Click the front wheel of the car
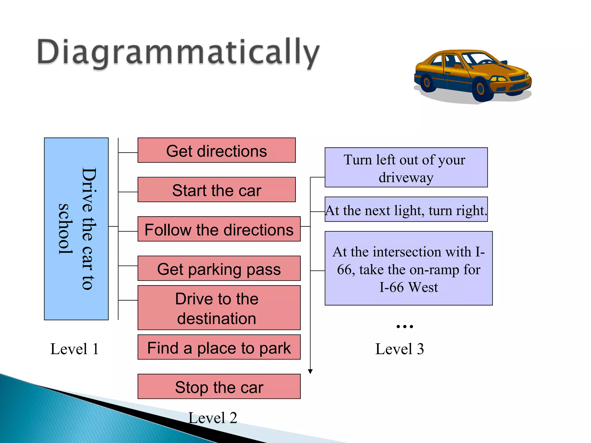pos(480,89)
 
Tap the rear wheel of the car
pos(427,82)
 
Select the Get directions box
pos(216,150)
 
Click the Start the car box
pos(216,190)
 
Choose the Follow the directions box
pos(219,229)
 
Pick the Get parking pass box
pos(219,268)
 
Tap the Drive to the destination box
pos(219,308)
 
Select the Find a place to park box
pos(219,347)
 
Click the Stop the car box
pos(219,386)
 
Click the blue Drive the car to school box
pos(76,229)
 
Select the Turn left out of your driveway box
pos(406,168)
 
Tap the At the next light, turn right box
pos(406,209)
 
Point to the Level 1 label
pos(74,349)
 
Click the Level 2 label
pos(213,418)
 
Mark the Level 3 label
pos(399,349)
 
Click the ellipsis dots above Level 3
pos(405,326)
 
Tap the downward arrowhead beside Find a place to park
pos(310,371)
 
